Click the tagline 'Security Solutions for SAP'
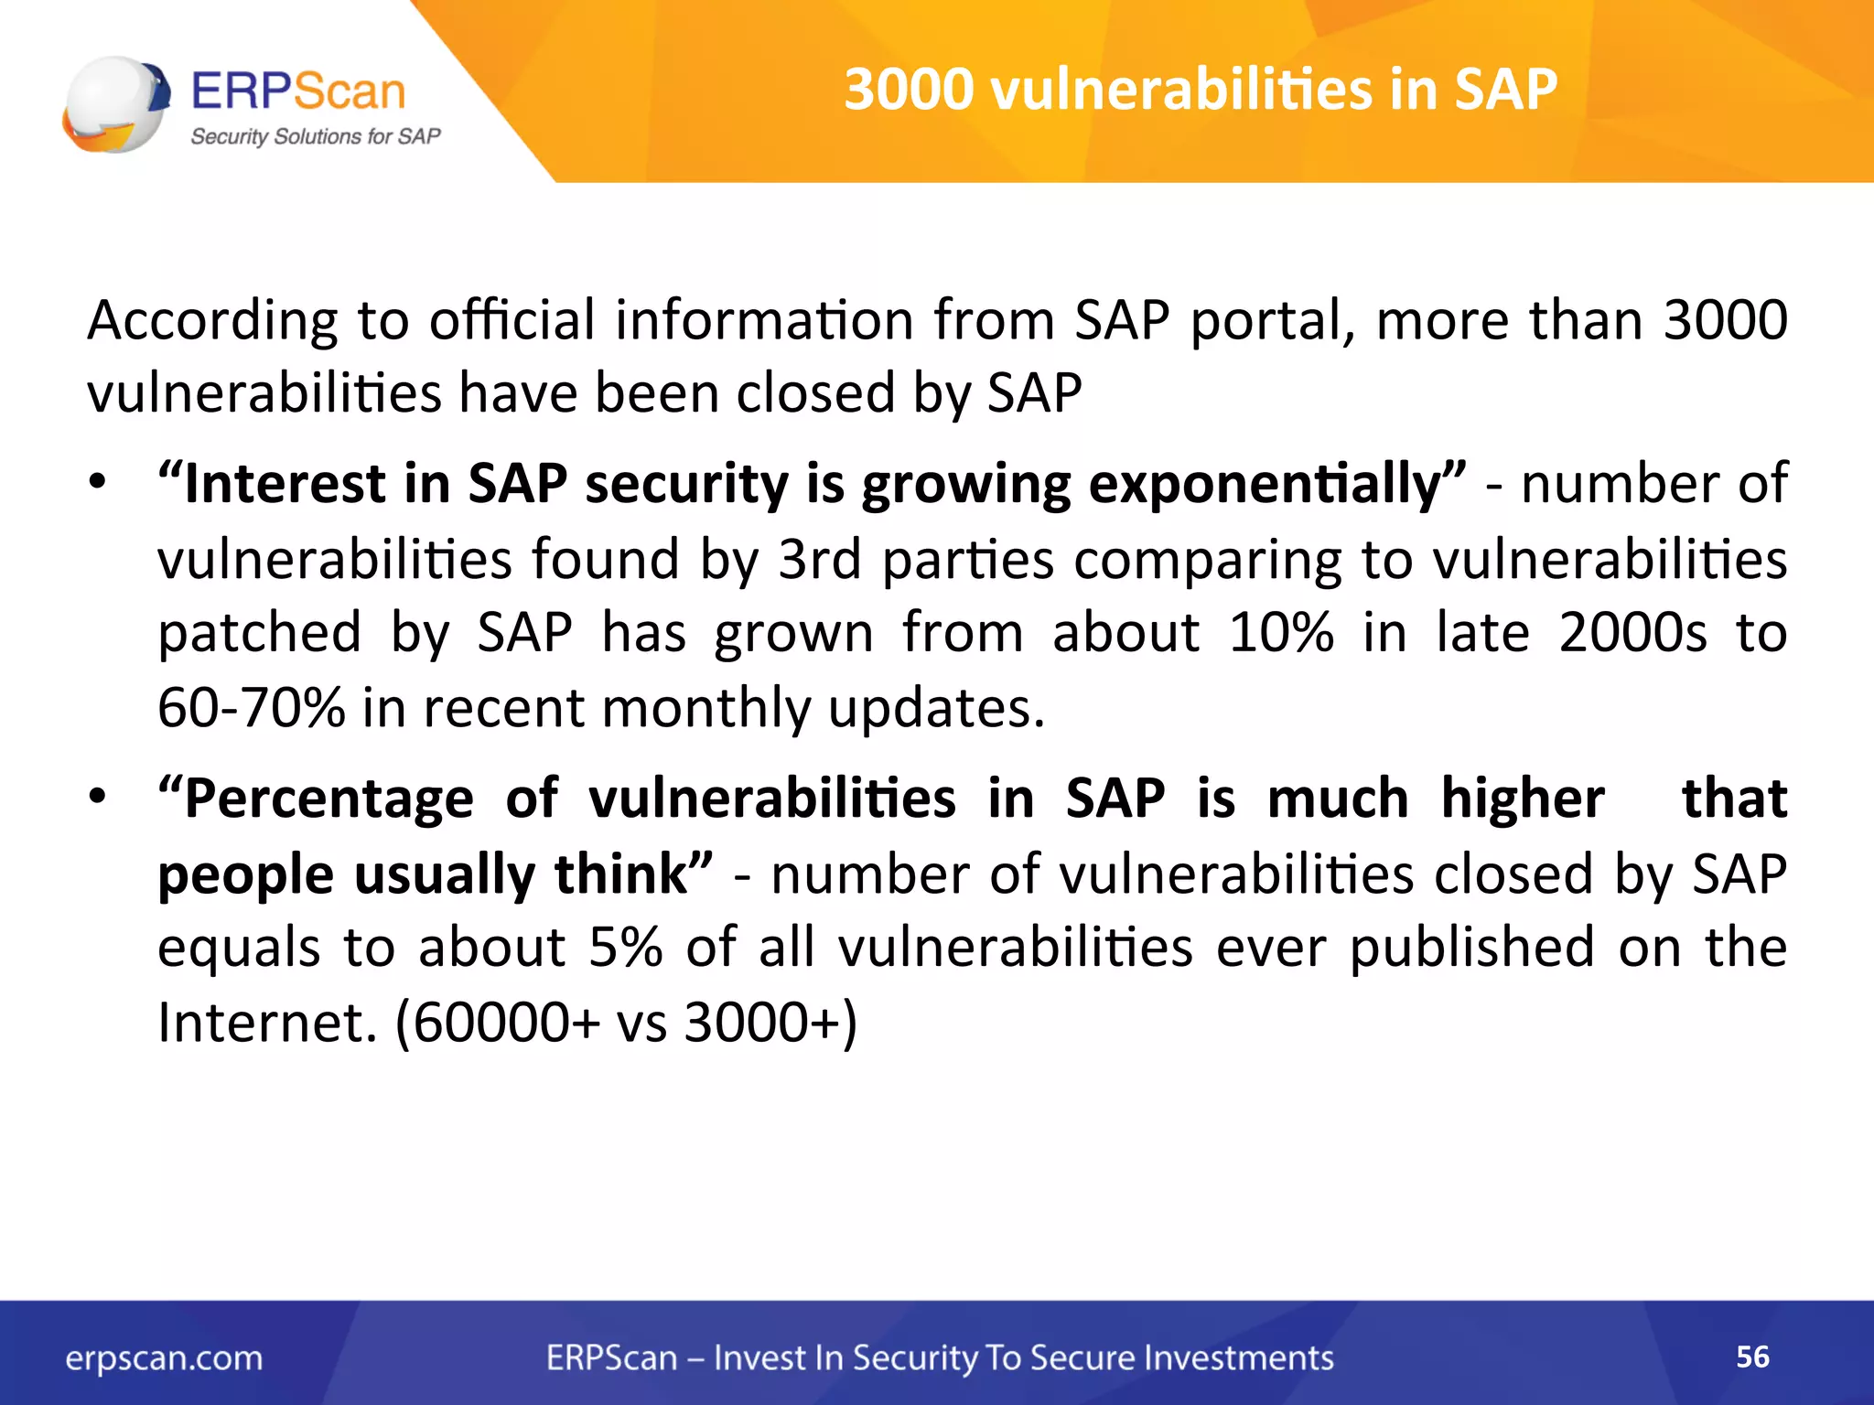(x=315, y=136)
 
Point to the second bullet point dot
(x=98, y=796)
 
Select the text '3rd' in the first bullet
(x=819, y=559)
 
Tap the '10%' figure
(x=1280, y=632)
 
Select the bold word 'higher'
(x=1522, y=798)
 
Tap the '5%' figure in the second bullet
(x=625, y=947)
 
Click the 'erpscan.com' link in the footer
(x=164, y=1358)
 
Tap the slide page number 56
(x=1752, y=1357)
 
